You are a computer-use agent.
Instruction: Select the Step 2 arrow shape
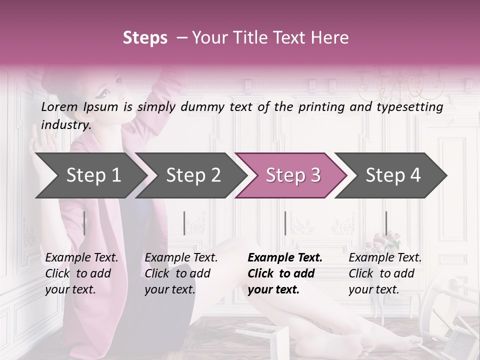(193, 175)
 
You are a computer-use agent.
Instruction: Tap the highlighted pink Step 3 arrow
(293, 175)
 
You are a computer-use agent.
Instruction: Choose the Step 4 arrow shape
(393, 175)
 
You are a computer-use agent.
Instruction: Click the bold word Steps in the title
(145, 38)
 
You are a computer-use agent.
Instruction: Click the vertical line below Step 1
(84, 223)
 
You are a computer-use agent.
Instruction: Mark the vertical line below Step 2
(184, 223)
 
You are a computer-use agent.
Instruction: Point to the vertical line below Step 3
(285, 223)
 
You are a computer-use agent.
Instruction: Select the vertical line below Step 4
(386, 223)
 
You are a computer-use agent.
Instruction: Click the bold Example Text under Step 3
(285, 257)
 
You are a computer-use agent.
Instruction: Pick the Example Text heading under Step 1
(81, 257)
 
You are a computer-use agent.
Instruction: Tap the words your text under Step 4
(373, 289)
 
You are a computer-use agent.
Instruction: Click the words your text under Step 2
(170, 289)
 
